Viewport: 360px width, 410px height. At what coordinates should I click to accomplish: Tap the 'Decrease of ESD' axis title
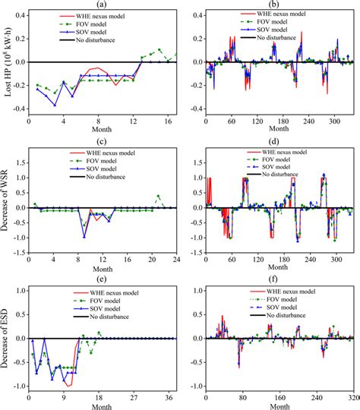coord(7,339)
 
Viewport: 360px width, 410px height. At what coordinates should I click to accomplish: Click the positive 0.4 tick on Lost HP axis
coord(18,15)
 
